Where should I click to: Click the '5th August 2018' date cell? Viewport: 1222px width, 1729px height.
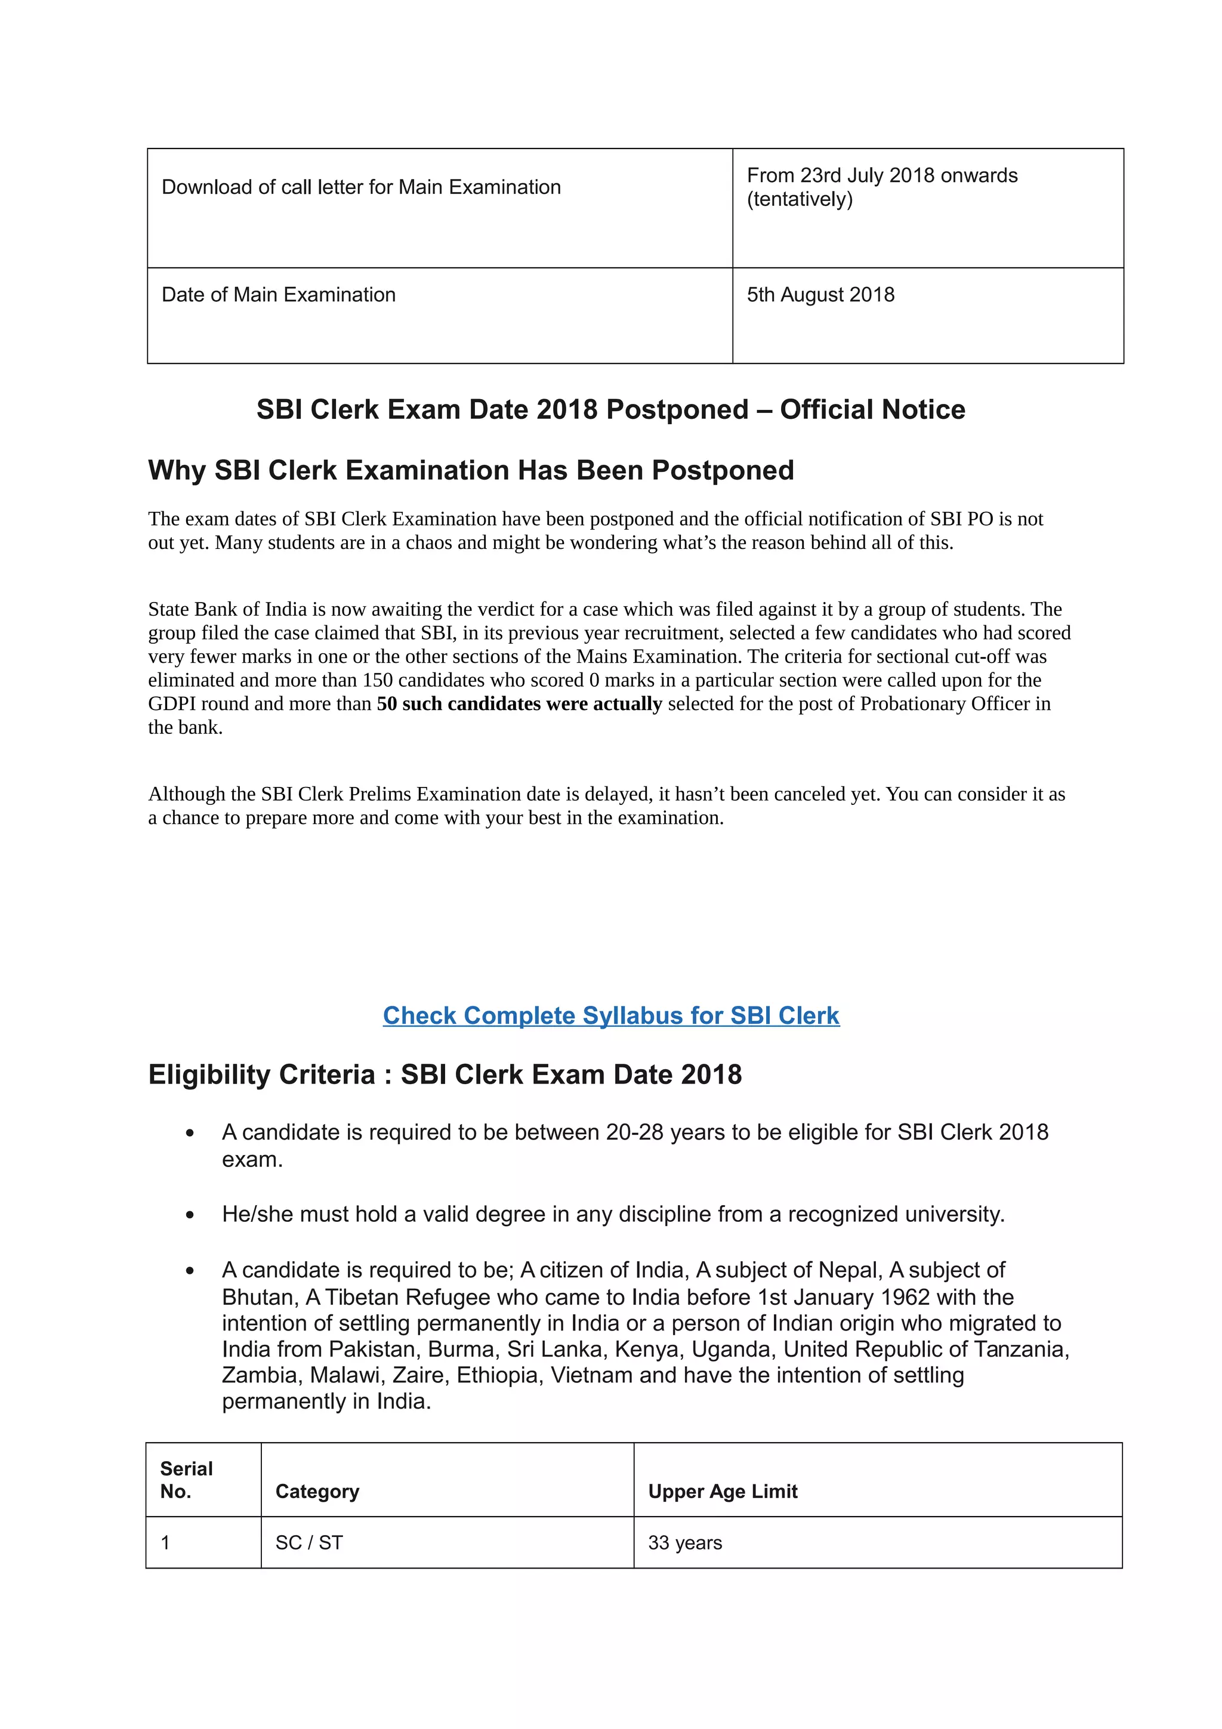[x=820, y=295]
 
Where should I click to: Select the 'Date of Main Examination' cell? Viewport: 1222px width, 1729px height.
[x=279, y=295]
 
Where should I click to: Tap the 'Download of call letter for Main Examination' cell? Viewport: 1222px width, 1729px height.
[x=362, y=187]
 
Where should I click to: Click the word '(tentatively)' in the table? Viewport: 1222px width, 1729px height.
[x=800, y=199]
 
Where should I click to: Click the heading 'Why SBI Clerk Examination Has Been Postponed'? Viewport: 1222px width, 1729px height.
[x=471, y=470]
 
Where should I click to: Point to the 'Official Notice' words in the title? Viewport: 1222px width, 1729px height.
[x=872, y=410]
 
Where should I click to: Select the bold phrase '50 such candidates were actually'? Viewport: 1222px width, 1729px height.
[x=519, y=703]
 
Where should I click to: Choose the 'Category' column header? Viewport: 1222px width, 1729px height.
[x=317, y=1491]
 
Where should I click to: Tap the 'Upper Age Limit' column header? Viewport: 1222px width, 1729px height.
[x=722, y=1491]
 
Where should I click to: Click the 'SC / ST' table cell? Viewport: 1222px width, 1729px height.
[x=308, y=1543]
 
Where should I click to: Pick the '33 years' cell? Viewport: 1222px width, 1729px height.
[x=684, y=1543]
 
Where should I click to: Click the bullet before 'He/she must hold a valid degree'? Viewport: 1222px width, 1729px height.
[x=190, y=1215]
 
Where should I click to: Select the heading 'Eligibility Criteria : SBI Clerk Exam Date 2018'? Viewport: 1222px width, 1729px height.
[x=444, y=1075]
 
